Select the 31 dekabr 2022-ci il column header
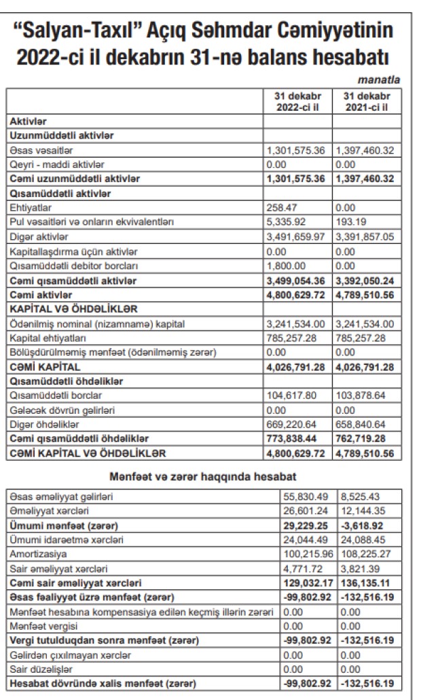(297, 102)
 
